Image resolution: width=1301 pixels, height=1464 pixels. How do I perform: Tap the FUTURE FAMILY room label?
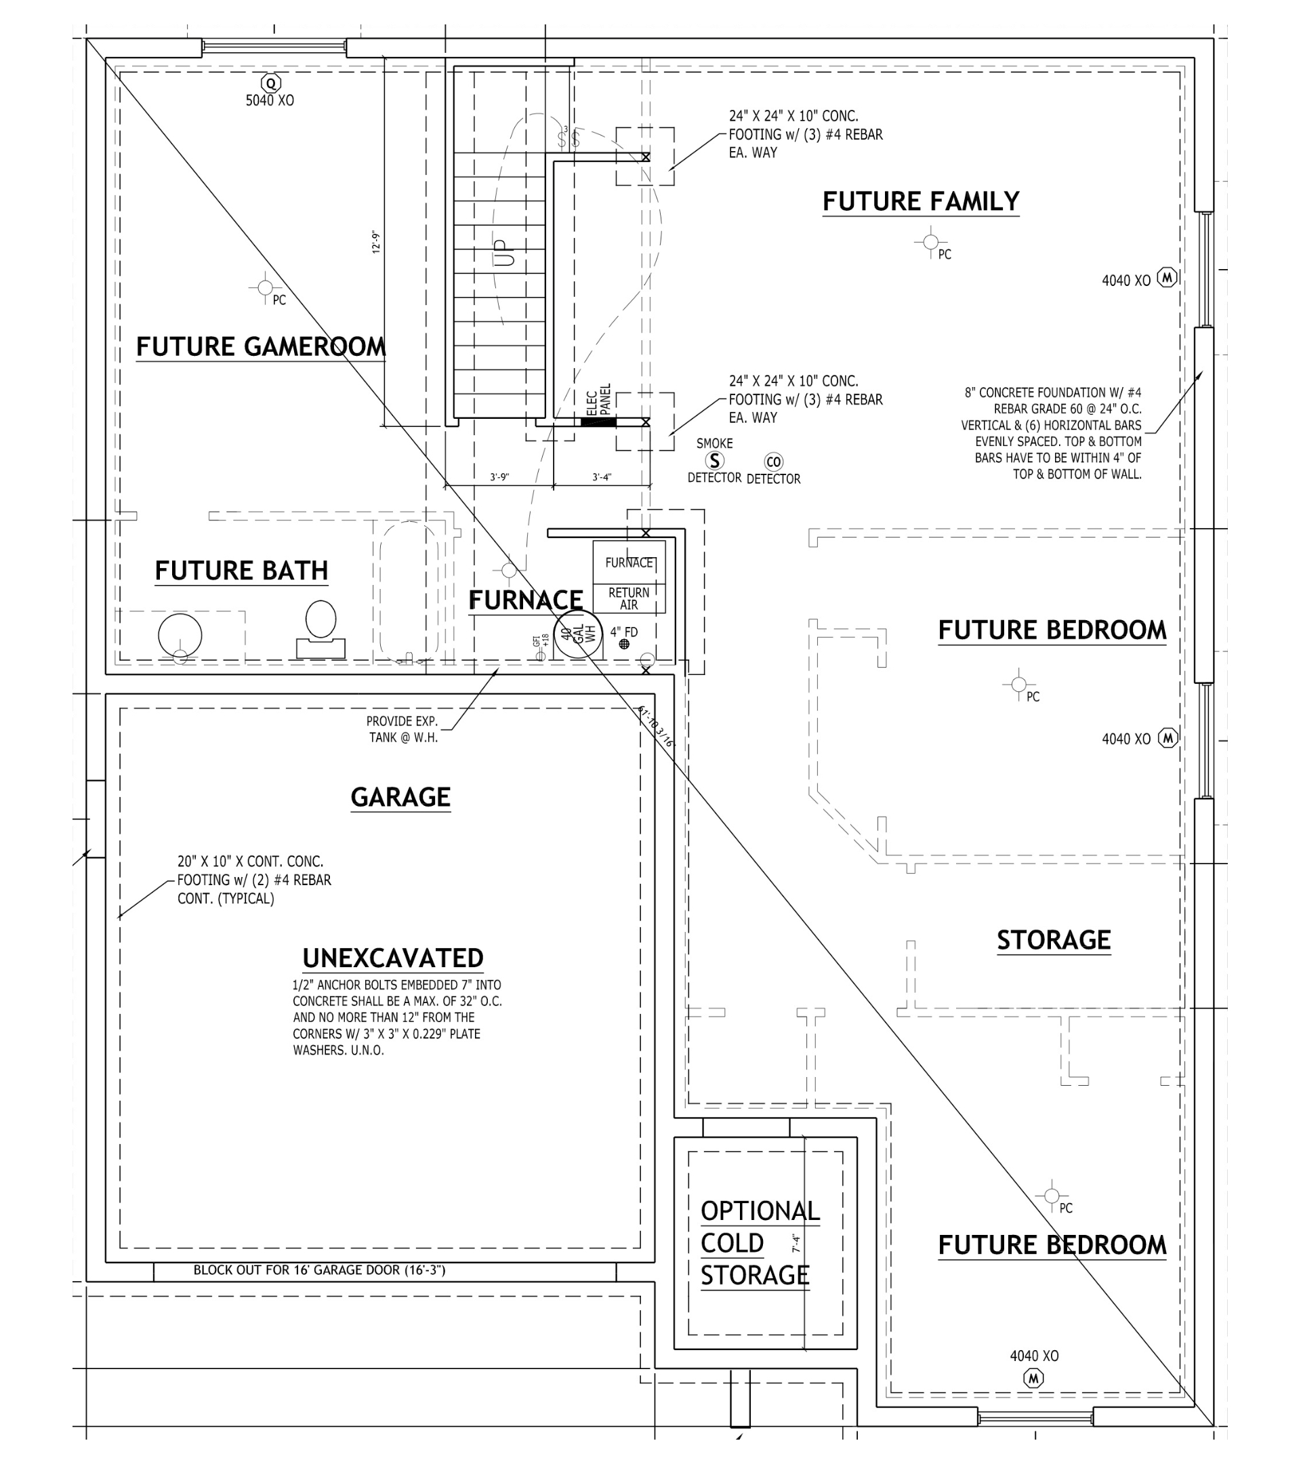921,201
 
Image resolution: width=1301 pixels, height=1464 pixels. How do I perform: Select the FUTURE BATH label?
241,571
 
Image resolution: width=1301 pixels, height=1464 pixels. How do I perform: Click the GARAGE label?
400,797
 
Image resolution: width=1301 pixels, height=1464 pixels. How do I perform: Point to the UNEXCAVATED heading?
392,958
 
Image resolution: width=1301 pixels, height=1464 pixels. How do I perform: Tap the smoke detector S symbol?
714,460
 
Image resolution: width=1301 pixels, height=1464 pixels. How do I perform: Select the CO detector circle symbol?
773,462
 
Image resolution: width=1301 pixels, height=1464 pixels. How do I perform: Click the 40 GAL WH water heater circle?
579,634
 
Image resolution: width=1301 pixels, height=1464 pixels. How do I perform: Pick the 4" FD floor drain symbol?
624,644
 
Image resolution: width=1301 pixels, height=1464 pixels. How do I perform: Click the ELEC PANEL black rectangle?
598,422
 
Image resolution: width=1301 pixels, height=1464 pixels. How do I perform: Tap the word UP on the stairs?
505,253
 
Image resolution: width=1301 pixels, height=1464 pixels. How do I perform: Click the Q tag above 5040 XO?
270,83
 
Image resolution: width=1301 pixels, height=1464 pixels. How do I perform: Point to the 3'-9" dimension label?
499,477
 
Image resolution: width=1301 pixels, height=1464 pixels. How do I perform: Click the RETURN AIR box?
629,598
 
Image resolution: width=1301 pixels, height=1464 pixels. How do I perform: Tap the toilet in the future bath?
321,628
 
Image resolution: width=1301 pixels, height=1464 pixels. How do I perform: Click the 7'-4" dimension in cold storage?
796,1242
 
